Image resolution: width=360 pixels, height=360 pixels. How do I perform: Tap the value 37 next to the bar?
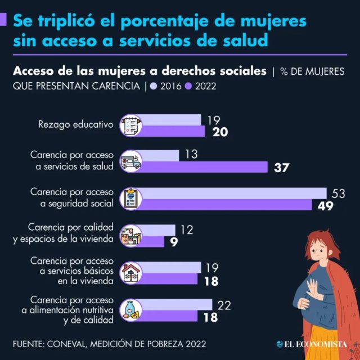click(281, 167)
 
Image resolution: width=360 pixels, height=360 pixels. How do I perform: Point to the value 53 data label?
click(338, 193)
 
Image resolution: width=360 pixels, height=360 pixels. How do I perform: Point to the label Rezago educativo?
click(75, 124)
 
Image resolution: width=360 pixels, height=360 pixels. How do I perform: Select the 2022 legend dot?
click(188, 86)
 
